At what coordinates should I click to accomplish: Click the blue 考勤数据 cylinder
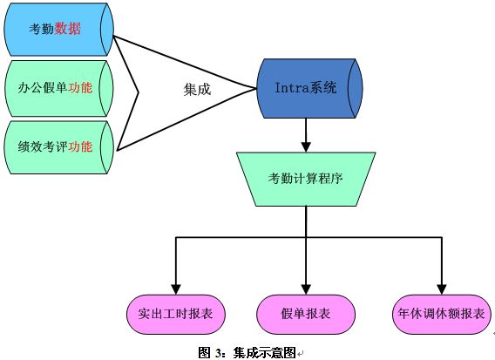pos(58,30)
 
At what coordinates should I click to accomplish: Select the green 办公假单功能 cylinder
pos(58,88)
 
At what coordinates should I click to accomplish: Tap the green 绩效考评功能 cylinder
pos(58,147)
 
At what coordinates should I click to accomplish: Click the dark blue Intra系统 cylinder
pos(309,88)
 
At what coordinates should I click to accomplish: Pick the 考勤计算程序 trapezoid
pos(306,179)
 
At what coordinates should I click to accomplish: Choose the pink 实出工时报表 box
pos(176,314)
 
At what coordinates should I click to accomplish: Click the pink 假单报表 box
pos(306,314)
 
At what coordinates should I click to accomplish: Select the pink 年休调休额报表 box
pos(442,314)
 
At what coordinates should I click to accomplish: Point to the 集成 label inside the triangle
pos(197,90)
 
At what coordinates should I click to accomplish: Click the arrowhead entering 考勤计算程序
pos(306,147)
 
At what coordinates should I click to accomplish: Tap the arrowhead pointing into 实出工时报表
pos(176,289)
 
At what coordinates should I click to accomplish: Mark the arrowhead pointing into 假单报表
pos(306,289)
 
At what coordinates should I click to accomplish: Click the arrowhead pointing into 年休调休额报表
pos(442,289)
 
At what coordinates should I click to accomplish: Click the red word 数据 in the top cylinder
pos(68,29)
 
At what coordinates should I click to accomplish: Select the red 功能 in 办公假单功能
pos(80,87)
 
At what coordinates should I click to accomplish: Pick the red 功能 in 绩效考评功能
pos(80,146)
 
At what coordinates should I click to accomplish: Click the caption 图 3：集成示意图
pos(247,352)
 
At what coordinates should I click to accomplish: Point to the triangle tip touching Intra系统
pos(256,88)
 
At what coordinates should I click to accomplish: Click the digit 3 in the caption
pos(219,353)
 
